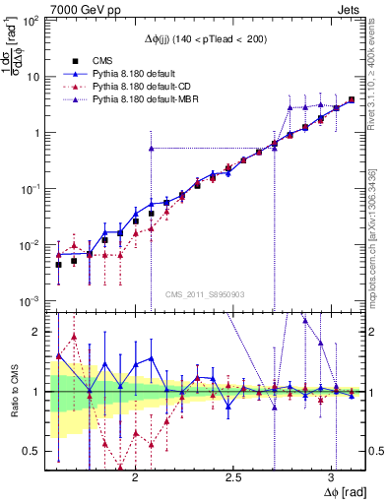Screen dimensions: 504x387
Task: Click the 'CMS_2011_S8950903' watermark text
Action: (x=207, y=295)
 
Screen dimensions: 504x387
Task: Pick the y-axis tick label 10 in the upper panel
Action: (x=33, y=77)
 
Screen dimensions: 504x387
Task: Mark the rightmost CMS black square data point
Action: (x=352, y=99)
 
